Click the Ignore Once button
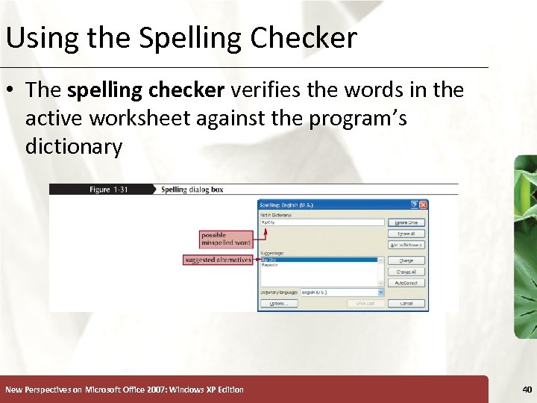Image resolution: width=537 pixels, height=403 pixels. coord(406,222)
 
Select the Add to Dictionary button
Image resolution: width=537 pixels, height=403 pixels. coord(406,245)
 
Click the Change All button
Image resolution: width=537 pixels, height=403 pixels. coord(406,272)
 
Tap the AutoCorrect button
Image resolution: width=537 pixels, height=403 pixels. coord(406,283)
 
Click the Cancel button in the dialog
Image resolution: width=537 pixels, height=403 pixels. coord(406,304)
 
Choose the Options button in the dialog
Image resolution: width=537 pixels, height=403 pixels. coord(278,304)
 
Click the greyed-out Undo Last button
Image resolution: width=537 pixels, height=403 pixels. coord(365,304)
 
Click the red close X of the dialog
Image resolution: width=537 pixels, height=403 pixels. coord(423,204)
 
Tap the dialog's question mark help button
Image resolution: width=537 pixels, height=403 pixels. coord(415,204)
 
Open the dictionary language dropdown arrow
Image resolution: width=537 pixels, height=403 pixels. coord(381,293)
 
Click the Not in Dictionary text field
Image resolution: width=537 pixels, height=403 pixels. coord(321,222)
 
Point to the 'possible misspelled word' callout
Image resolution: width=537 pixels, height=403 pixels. coord(225,239)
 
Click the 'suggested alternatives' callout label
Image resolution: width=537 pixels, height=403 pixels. coord(217,260)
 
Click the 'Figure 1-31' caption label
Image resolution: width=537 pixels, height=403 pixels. coord(109,190)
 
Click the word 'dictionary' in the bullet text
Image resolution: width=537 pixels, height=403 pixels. coord(73,146)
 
